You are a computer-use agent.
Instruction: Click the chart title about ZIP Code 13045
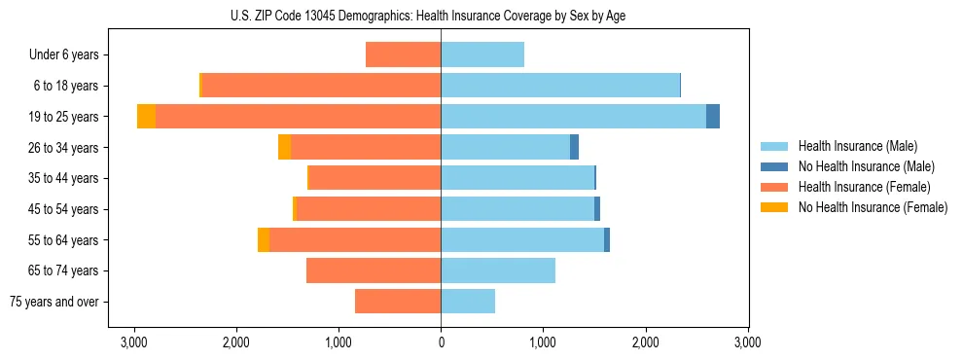441,16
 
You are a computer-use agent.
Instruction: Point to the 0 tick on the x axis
441,342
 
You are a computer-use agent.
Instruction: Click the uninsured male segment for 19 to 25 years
713,117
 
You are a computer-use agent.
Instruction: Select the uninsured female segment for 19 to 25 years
146,117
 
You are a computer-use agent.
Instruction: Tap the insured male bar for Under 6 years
482,55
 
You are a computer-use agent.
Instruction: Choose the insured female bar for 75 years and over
398,302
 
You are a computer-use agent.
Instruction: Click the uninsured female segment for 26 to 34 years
284,147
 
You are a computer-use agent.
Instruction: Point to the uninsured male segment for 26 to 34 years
574,147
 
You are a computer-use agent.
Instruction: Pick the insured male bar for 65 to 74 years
498,270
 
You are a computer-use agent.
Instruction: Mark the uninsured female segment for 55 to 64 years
264,239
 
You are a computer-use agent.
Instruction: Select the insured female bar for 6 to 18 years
321,86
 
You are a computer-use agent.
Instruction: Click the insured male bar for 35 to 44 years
517,178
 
